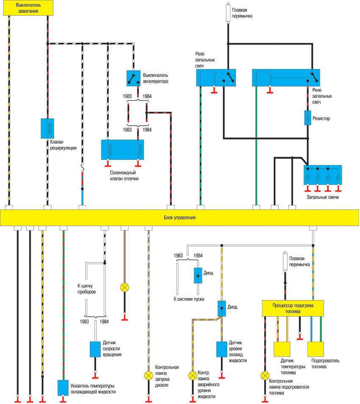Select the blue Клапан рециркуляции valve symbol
(x=47, y=128)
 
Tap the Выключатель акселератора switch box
(x=133, y=78)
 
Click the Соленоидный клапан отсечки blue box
(x=122, y=150)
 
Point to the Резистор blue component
(x=308, y=118)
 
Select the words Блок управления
(x=180, y=217)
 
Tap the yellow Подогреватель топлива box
(x=318, y=350)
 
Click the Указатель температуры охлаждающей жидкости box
(x=63, y=387)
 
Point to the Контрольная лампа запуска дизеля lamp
(x=148, y=375)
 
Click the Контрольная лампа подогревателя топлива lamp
(x=265, y=375)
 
